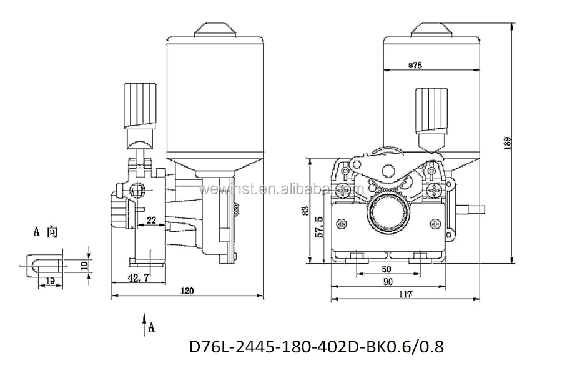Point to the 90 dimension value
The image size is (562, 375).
click(388, 282)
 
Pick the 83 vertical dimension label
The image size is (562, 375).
click(306, 211)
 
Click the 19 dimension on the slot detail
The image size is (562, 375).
click(50, 282)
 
